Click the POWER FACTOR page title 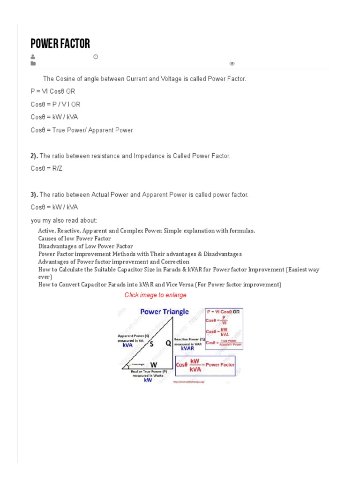click(60, 44)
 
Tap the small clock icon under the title click(96, 57)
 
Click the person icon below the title click(33, 57)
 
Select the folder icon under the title click(33, 63)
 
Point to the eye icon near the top click(232, 64)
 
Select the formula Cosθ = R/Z click(46, 168)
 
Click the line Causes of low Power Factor click(75, 239)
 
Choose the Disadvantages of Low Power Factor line click(85, 246)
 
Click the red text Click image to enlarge click(155, 295)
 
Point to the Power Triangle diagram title click(165, 312)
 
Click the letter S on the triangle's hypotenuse click(151, 344)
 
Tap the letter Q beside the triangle click(168, 343)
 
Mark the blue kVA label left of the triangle click(127, 345)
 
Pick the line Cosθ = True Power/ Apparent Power click(82, 130)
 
